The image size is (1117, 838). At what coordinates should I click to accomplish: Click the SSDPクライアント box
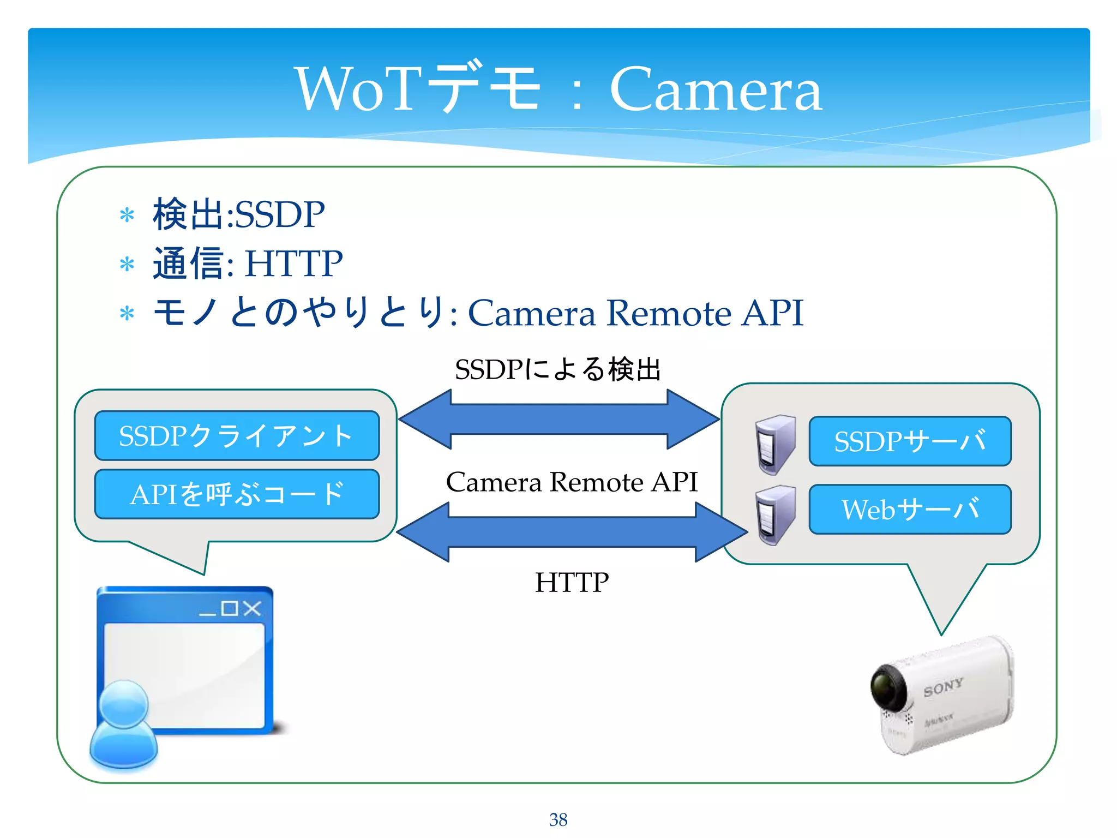pos(237,435)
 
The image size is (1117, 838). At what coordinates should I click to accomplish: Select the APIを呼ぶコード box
pos(237,494)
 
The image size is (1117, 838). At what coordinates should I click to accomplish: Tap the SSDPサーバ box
pos(910,441)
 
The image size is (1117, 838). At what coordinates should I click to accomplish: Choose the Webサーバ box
pos(910,509)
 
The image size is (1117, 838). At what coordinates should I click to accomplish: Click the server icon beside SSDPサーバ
pos(775,444)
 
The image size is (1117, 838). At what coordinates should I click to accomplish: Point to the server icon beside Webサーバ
pos(775,516)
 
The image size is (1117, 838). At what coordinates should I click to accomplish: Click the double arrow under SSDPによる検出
pos(559,419)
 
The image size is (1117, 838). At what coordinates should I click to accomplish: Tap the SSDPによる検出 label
pos(558,369)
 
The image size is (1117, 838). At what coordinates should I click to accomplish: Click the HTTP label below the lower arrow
pos(572,582)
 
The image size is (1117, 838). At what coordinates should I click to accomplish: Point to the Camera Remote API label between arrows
pos(572,482)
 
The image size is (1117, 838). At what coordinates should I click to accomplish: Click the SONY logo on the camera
pos(943,687)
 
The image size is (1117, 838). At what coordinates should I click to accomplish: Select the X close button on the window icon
pos(252,608)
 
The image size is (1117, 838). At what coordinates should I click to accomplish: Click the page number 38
pos(558,819)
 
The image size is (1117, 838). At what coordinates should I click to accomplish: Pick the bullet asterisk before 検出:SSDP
pos(127,215)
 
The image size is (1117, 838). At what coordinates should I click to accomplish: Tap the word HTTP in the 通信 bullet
pos(293,264)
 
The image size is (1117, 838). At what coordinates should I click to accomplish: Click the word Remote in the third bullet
pos(668,313)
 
